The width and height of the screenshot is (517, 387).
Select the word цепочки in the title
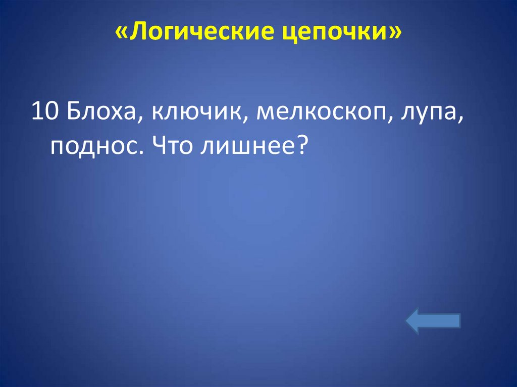click(334, 33)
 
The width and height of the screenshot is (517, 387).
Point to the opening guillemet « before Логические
click(121, 33)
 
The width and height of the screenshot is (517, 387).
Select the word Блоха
click(101, 110)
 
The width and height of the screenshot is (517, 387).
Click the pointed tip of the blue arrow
click(407, 321)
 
